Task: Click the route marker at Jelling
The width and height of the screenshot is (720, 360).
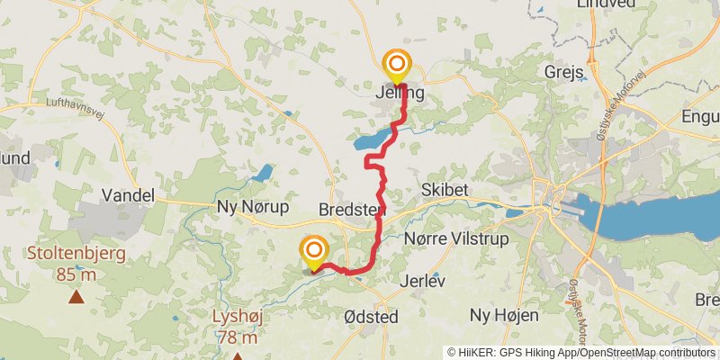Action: (x=397, y=65)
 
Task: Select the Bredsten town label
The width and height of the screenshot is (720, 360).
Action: (x=352, y=210)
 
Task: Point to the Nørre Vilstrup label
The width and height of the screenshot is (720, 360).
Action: (x=457, y=238)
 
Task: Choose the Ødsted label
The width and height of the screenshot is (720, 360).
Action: (x=371, y=318)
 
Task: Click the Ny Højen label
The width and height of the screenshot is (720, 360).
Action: (x=504, y=315)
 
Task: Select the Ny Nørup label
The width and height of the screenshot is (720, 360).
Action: (x=253, y=207)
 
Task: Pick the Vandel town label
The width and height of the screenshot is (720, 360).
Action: (x=129, y=195)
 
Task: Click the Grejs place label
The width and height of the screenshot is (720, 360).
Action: (x=565, y=71)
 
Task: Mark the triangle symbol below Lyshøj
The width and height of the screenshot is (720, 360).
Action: (x=238, y=355)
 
